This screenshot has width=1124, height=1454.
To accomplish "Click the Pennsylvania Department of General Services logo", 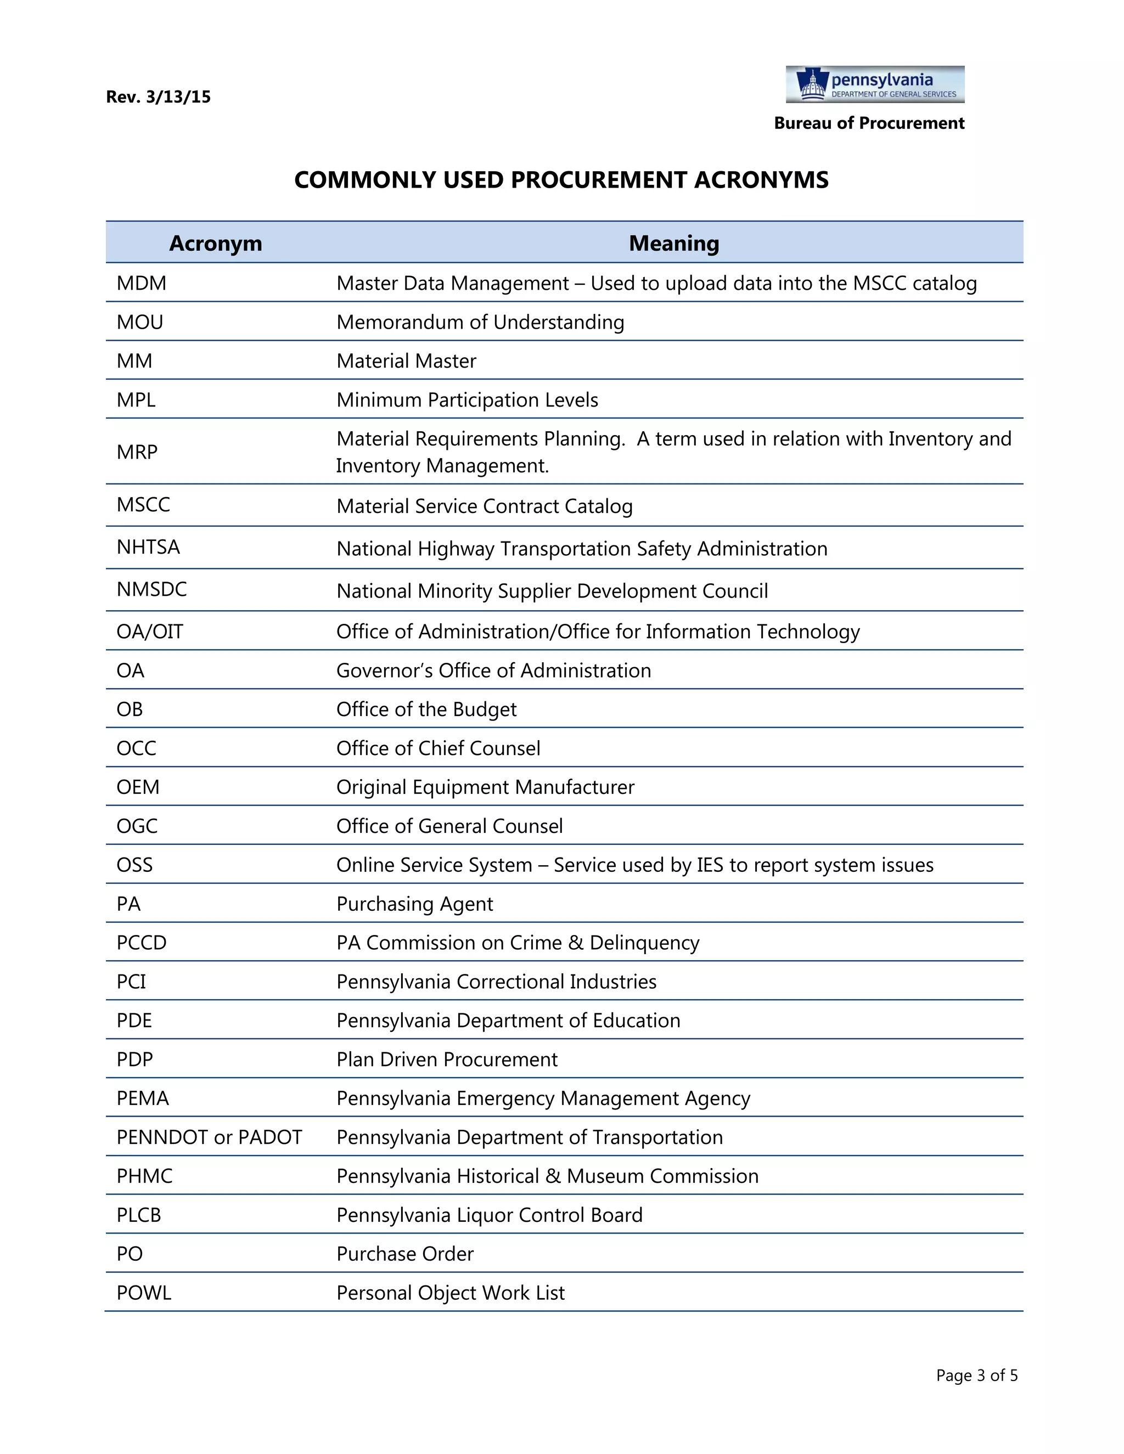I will pyautogui.click(x=874, y=84).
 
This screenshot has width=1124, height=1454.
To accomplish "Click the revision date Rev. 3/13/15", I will pyautogui.click(x=158, y=97).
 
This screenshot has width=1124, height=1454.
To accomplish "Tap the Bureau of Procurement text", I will pyautogui.click(x=868, y=123).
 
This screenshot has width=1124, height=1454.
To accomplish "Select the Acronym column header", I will pyautogui.click(x=215, y=243).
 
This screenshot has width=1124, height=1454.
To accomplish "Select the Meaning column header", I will pyautogui.click(x=674, y=243).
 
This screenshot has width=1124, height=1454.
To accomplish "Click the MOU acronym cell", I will pyautogui.click(x=140, y=322).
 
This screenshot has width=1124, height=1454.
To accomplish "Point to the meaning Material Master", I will pyautogui.click(x=406, y=361).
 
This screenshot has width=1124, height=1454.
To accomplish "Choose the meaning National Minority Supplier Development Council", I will pyautogui.click(x=552, y=591).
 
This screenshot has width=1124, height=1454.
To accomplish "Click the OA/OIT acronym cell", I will pyautogui.click(x=150, y=631).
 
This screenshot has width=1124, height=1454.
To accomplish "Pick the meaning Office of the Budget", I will pyautogui.click(x=426, y=709).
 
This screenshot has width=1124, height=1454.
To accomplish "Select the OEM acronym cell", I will pyautogui.click(x=138, y=787).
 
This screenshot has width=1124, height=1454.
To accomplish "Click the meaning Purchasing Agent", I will pyautogui.click(x=414, y=904).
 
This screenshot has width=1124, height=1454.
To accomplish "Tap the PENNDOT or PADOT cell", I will pyautogui.click(x=209, y=1137).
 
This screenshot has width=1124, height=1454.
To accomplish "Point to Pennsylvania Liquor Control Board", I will pyautogui.click(x=489, y=1215).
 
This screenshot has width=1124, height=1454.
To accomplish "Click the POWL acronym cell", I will pyautogui.click(x=144, y=1293).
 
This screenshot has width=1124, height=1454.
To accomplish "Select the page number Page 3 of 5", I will pyautogui.click(x=976, y=1376).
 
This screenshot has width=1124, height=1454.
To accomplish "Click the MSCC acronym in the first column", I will pyautogui.click(x=143, y=505).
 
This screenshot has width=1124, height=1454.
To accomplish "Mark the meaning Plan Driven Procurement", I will pyautogui.click(x=447, y=1059).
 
